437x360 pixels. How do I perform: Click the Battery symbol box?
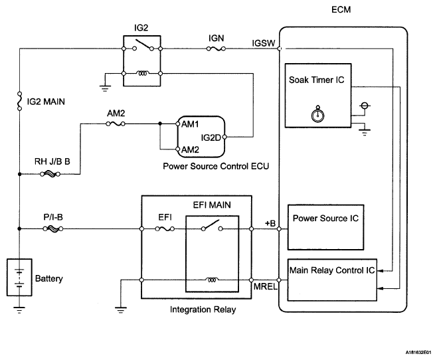(20, 278)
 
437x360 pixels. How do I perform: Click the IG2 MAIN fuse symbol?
(20, 103)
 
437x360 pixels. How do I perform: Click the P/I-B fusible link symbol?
(50, 230)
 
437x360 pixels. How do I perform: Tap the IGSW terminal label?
(264, 42)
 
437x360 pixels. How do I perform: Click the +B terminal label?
(270, 223)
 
